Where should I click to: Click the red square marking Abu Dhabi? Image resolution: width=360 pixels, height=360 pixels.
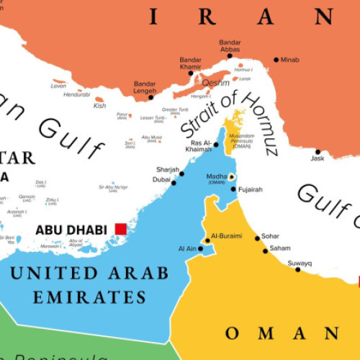[x=120, y=229]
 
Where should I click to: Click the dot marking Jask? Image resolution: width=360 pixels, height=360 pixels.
[x=318, y=152]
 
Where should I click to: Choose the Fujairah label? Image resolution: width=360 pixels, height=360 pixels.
[x=251, y=189]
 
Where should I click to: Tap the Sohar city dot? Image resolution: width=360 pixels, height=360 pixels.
[x=257, y=238]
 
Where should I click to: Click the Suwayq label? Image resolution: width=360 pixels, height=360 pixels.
[x=300, y=264]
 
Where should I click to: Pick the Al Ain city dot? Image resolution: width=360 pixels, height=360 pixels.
[x=201, y=249]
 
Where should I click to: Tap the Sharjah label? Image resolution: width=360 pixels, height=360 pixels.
[x=167, y=169]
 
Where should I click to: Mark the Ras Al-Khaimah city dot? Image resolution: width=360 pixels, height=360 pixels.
[x=216, y=144]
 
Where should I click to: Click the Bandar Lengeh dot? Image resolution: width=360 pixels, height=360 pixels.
[x=153, y=96]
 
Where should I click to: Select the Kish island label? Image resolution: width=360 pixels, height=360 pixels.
[x=99, y=106]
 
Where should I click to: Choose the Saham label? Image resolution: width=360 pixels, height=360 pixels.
[x=280, y=248]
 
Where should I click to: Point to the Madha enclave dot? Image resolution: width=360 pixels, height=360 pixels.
[x=231, y=176]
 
